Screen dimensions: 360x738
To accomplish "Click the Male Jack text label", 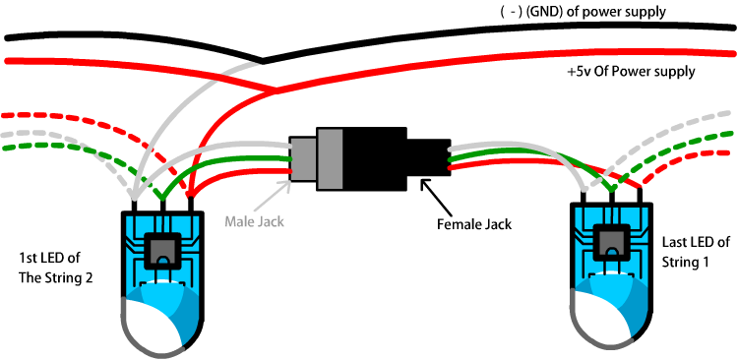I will (254, 221).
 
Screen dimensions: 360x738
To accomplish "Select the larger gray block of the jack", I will (331, 158).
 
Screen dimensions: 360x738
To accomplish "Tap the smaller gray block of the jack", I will (304, 159).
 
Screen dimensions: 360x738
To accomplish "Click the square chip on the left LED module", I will (162, 251).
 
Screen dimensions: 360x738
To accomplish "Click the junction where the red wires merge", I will (275, 90).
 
